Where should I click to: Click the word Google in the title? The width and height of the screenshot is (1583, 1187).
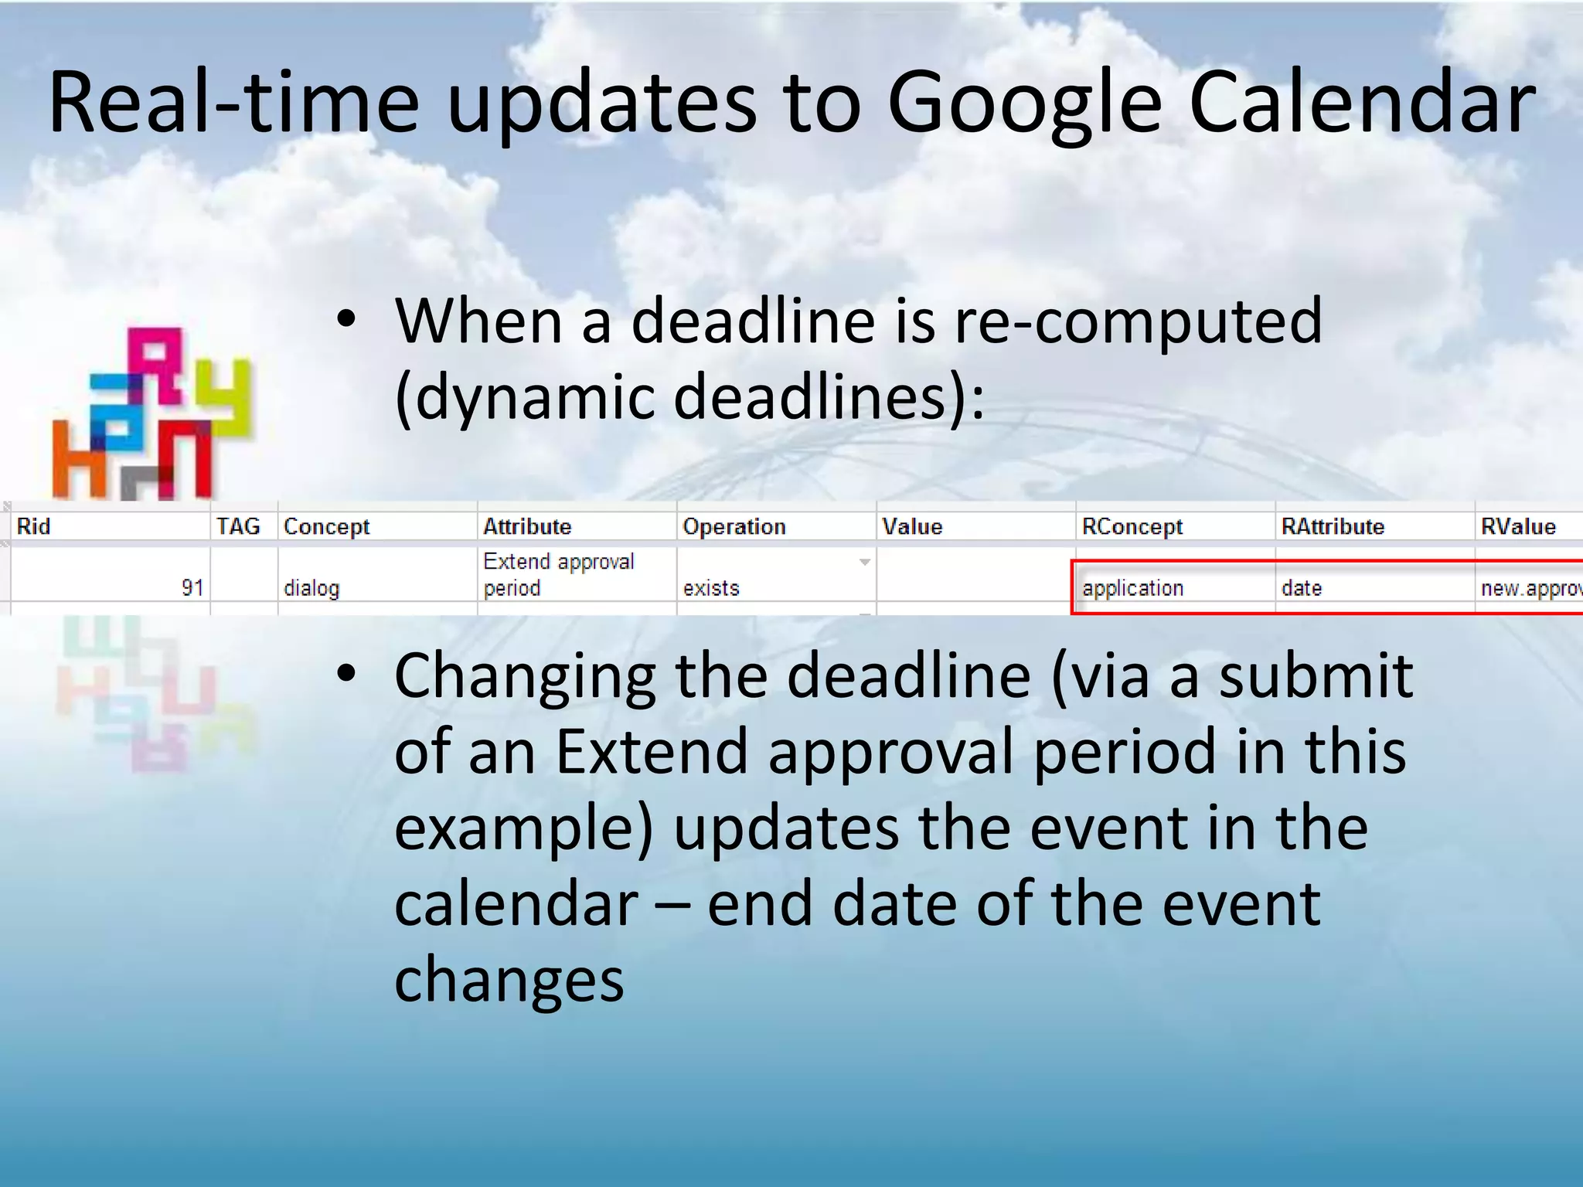[x=1024, y=104]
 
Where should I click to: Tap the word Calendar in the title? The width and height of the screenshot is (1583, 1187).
[x=1361, y=104]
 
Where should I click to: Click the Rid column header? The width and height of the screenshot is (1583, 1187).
[x=34, y=526]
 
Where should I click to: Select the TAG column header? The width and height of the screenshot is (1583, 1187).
[x=238, y=526]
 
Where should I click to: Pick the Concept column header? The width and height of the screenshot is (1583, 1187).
[x=327, y=526]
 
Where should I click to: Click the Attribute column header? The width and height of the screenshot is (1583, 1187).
[x=527, y=526]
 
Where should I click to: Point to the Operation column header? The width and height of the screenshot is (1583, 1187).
[x=734, y=526]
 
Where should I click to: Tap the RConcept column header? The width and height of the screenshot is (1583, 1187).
[x=1132, y=526]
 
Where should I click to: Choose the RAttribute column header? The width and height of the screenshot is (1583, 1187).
[x=1333, y=526]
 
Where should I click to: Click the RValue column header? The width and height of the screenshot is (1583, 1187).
[x=1518, y=526]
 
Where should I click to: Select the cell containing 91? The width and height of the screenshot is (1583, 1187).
[x=192, y=588]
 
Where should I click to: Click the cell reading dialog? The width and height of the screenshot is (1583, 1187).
[x=311, y=588]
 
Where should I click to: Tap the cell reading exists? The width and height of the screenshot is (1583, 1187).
[x=711, y=588]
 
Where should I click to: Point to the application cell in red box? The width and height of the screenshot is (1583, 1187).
[x=1133, y=588]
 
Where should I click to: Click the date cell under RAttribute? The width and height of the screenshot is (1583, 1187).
[x=1302, y=588]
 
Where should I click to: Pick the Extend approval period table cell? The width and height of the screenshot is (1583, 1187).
[x=558, y=574]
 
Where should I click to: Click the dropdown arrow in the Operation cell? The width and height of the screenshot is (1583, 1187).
[x=865, y=562]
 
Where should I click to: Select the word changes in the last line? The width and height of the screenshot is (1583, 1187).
[x=509, y=979]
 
